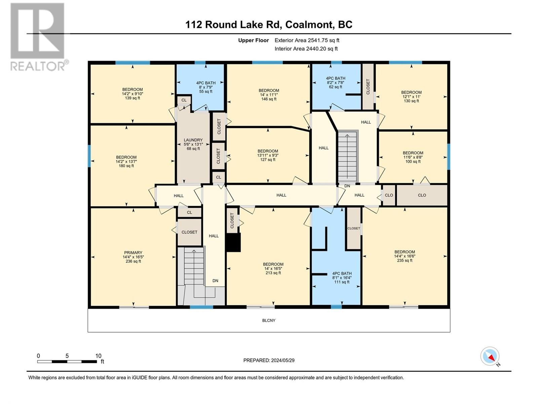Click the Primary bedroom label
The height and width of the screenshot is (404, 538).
pyautogui.click(x=133, y=257)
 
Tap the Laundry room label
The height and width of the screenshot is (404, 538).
pyautogui.click(x=193, y=144)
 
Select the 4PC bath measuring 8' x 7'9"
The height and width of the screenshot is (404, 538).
pyautogui.click(x=206, y=87)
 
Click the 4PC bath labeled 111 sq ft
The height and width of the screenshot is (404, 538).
pyautogui.click(x=342, y=278)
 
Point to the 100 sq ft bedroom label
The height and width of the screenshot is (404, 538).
pyautogui.click(x=413, y=157)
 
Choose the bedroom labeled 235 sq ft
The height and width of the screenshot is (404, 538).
pyautogui.click(x=405, y=256)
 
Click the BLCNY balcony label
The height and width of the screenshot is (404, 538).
pyautogui.click(x=269, y=321)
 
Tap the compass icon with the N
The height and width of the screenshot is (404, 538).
pyautogui.click(x=490, y=356)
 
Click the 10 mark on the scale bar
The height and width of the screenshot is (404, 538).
pyautogui.click(x=98, y=356)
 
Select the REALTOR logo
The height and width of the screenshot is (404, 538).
pyautogui.click(x=38, y=37)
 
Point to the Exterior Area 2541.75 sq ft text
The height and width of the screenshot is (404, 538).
pyautogui.click(x=307, y=40)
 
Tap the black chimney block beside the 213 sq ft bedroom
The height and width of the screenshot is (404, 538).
pyautogui.click(x=233, y=243)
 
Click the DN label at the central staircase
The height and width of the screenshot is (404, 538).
pyautogui.click(x=347, y=186)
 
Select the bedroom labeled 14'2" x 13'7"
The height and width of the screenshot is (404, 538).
pyautogui.click(x=126, y=161)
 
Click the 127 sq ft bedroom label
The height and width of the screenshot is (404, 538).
pyautogui.click(x=268, y=155)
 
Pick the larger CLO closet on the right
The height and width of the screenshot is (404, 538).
pyautogui.click(x=422, y=195)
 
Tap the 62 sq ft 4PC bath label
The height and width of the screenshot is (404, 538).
pyautogui.click(x=335, y=82)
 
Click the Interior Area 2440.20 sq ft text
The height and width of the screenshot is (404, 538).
pyautogui.click(x=306, y=49)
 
